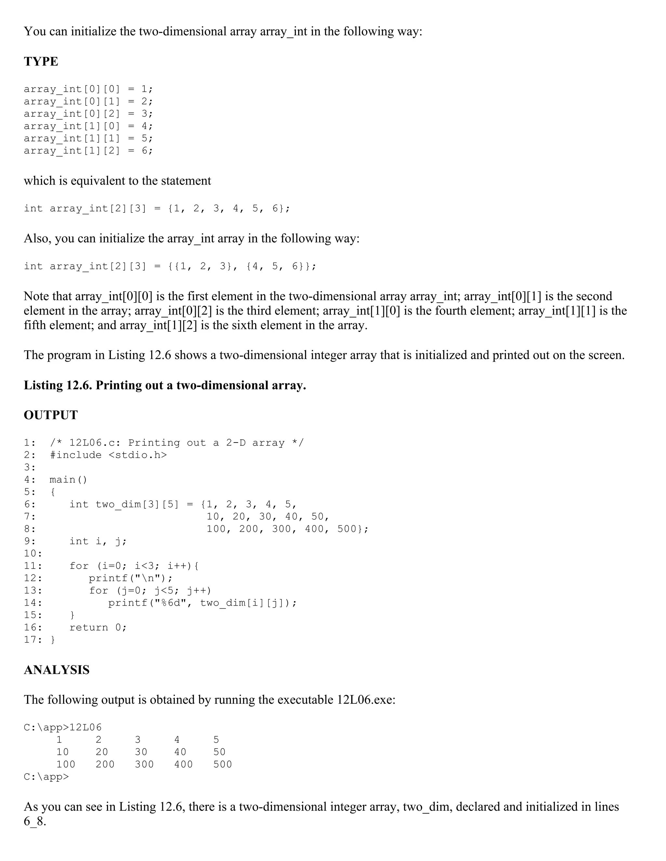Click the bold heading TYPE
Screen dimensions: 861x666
tap(41, 61)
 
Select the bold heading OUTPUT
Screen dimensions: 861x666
tap(51, 415)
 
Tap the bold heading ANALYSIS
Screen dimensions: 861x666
tap(57, 670)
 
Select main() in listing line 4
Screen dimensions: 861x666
tap(68, 480)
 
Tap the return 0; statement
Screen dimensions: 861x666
tap(98, 627)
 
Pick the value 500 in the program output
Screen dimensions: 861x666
tap(222, 765)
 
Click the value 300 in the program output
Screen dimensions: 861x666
tap(144, 765)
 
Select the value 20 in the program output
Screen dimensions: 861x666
tap(101, 752)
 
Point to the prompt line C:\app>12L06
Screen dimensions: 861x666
tap(63, 727)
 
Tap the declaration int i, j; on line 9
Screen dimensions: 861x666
tap(98, 541)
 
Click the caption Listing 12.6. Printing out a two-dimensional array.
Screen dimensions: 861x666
tap(165, 385)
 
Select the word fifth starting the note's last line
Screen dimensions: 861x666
tap(35, 326)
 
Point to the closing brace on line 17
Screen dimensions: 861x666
tap(53, 640)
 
